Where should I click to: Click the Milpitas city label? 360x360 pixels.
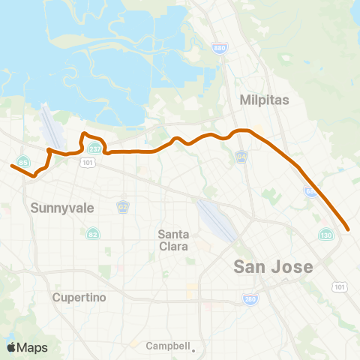(260, 100)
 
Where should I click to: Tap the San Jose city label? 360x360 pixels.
(272, 266)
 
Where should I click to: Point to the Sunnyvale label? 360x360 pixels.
(62, 208)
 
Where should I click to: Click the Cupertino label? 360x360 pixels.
(79, 297)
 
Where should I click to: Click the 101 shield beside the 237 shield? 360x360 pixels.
(88, 161)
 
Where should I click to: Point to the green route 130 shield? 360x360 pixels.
(325, 235)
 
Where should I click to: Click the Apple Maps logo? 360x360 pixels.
(26, 347)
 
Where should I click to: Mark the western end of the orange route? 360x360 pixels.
(11, 166)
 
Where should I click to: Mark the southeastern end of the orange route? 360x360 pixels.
(349, 229)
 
